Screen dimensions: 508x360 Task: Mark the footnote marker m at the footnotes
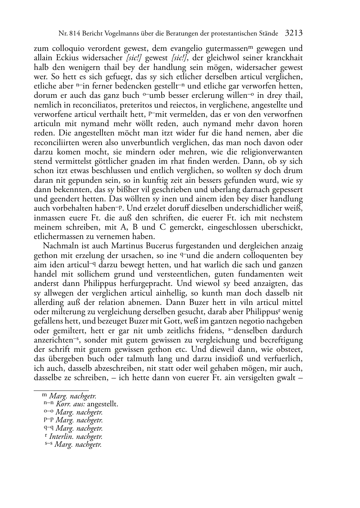44,395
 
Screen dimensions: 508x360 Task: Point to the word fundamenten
261,274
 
